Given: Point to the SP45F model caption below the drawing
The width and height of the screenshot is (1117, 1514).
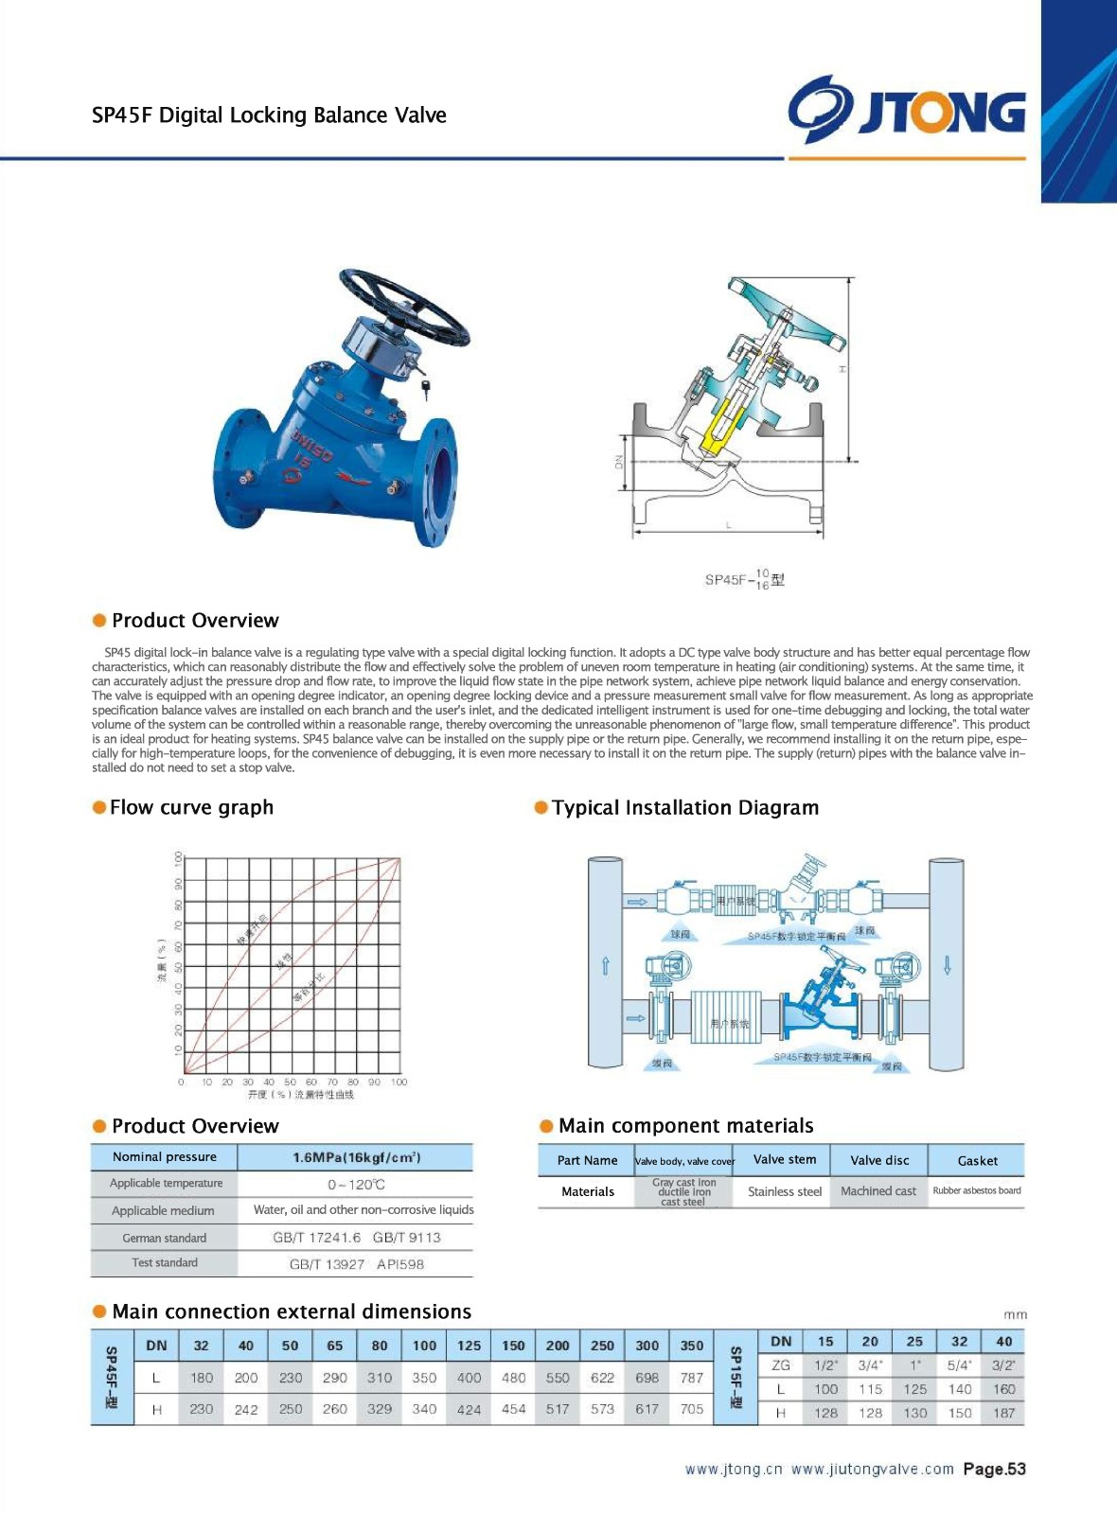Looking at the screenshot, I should tap(744, 579).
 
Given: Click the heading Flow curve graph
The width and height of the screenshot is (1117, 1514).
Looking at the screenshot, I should tap(191, 807).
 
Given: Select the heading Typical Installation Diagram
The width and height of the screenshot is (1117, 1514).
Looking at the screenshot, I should tap(685, 808).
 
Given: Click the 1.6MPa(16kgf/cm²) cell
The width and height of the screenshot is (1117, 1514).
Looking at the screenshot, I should tap(356, 1157).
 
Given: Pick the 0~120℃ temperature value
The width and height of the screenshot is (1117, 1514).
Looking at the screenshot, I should tap(356, 1185).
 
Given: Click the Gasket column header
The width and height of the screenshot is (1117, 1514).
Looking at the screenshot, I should tap(977, 1160).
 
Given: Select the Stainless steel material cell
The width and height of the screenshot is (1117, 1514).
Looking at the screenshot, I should tap(784, 1191).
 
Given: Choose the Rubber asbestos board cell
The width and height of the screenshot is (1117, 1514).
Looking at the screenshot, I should tap(977, 1190).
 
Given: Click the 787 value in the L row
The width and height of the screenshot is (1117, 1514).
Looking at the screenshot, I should tap(692, 1378).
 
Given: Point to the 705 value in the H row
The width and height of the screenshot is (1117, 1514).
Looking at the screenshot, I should tap(692, 1409).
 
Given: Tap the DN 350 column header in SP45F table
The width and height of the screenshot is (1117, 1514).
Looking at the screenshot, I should tap(692, 1346).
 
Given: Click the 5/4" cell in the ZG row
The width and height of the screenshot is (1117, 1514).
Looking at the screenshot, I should tap(959, 1365).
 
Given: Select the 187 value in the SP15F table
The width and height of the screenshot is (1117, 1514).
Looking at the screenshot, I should tap(1003, 1413).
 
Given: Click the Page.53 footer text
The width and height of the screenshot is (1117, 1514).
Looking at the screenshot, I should tap(994, 1469).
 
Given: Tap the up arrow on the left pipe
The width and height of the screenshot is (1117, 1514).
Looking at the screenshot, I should tap(605, 965).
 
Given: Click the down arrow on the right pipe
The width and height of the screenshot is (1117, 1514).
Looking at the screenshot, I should tap(947, 965).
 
